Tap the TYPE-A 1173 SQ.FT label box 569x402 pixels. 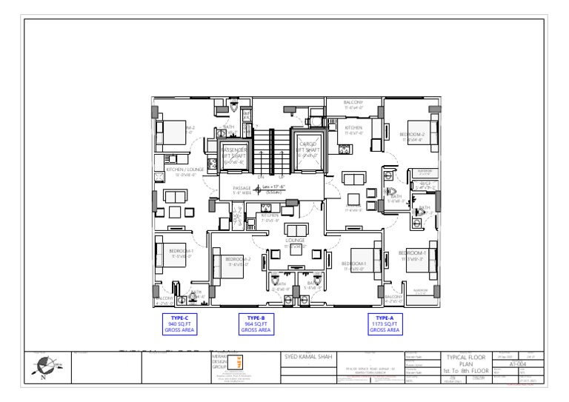tap(385, 324)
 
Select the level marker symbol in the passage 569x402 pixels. tap(257, 190)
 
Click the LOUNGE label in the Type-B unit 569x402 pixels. tap(295, 241)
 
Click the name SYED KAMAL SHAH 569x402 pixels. tap(310, 357)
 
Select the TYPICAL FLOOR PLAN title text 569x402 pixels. tap(465, 360)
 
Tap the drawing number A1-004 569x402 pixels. tap(519, 364)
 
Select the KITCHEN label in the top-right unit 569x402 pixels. tap(353, 128)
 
